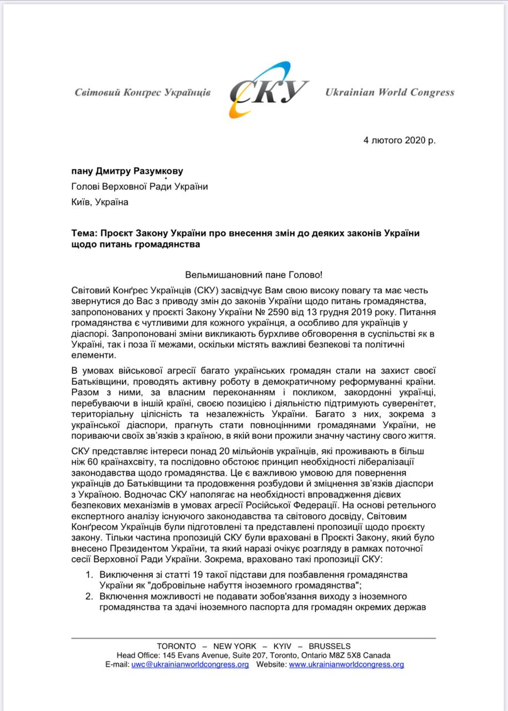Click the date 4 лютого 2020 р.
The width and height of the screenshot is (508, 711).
click(x=400, y=140)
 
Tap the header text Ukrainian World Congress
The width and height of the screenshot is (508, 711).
click(x=390, y=92)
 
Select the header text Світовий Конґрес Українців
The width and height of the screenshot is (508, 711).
click(x=143, y=92)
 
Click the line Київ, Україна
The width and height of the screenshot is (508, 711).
click(x=100, y=202)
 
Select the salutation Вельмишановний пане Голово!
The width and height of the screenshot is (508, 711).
click(x=253, y=275)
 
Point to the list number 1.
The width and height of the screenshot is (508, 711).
click(x=88, y=574)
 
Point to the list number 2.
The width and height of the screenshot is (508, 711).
click(x=88, y=597)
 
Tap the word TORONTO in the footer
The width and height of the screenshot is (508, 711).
click(x=177, y=646)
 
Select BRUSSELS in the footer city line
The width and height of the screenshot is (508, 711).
click(x=330, y=646)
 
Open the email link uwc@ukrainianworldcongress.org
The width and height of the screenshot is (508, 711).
click(x=190, y=664)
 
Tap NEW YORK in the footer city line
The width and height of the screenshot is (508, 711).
click(x=235, y=646)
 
